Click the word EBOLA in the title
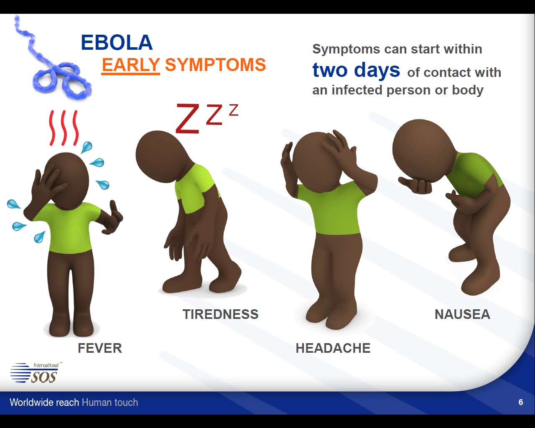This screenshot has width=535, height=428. point(117,43)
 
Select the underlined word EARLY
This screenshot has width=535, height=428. point(130,65)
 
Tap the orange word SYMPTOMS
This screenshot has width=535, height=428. point(215,65)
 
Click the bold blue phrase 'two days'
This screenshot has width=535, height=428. point(356,70)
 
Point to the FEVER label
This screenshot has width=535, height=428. point(100,348)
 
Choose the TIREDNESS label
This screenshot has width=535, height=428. point(221,314)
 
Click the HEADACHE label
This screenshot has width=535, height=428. point(333,348)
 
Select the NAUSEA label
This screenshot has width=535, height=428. point(462,314)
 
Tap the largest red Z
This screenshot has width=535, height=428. point(188,119)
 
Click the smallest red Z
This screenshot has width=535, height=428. point(234,110)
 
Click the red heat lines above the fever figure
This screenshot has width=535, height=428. point(64,127)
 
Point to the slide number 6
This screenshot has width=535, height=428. point(521,402)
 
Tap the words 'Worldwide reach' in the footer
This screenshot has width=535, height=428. point(44,403)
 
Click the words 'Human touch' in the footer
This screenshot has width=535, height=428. point(110,403)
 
